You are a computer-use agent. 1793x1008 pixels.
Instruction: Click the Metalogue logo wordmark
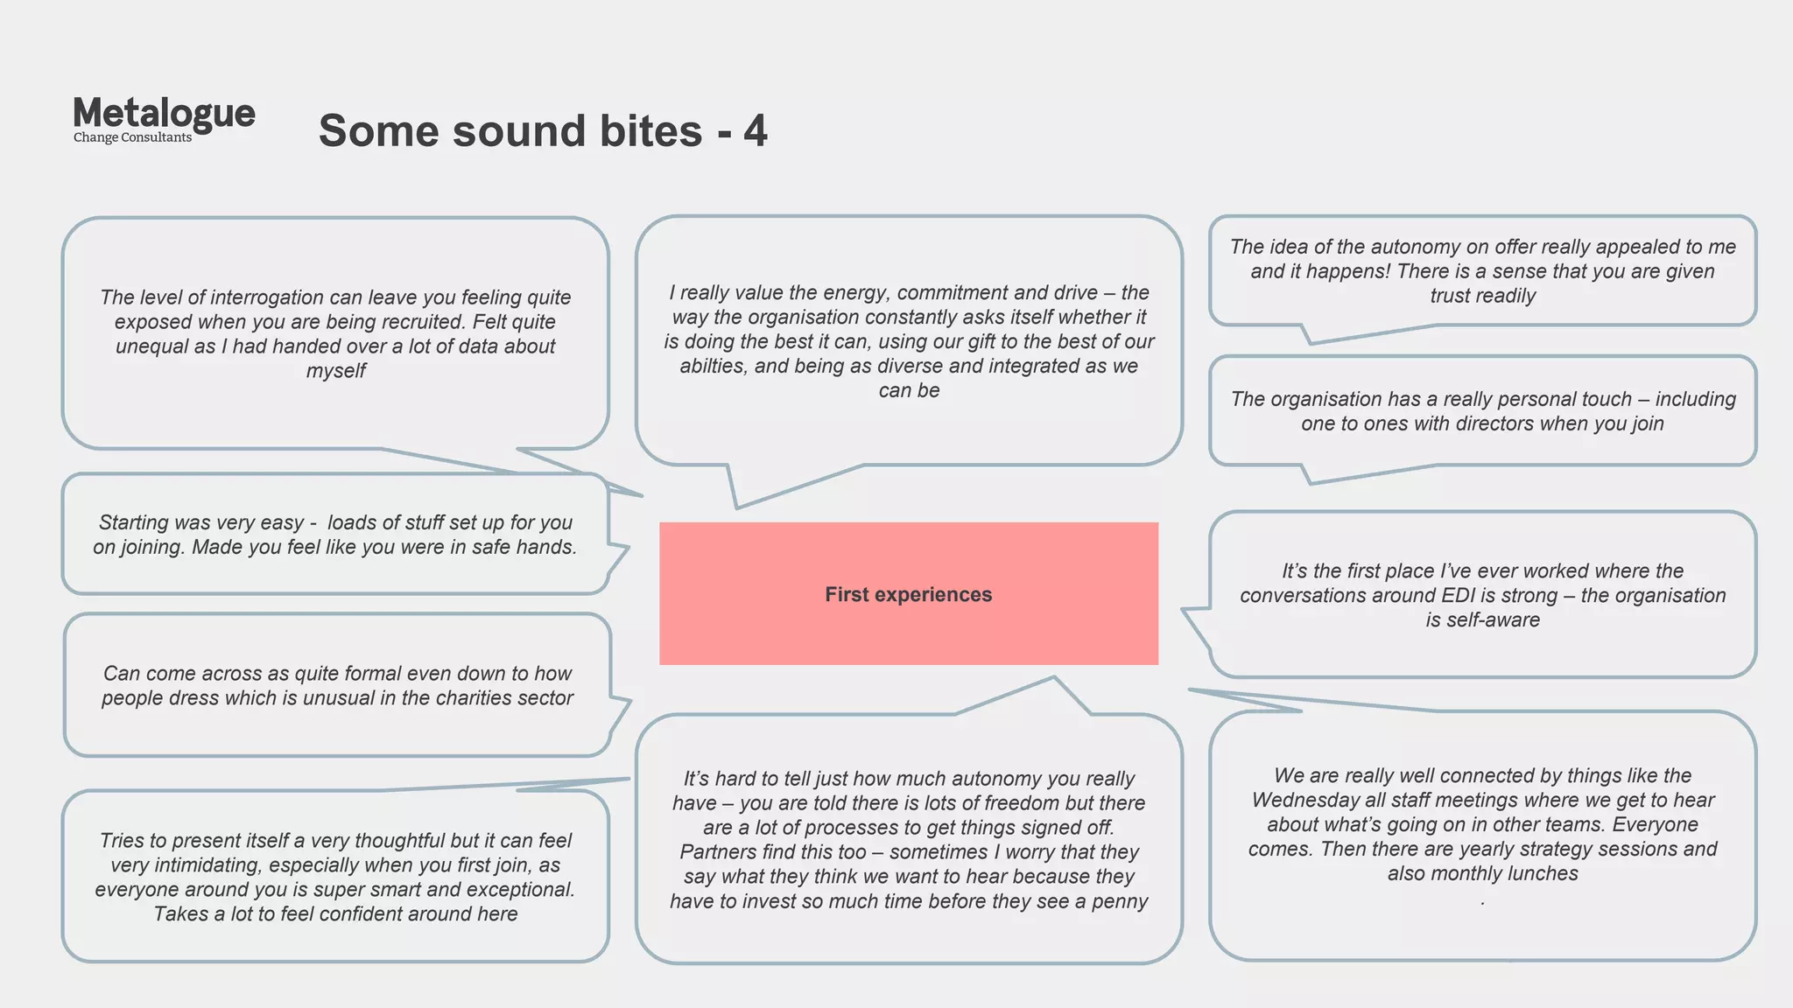(164, 114)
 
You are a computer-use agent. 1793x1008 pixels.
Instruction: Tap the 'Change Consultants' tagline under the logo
(132, 137)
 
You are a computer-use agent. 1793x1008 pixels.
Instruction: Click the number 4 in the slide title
(755, 131)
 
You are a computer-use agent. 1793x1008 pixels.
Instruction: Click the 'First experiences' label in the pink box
(908, 595)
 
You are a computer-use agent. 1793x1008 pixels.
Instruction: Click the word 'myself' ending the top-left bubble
(335, 371)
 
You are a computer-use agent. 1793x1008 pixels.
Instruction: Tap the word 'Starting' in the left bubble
(133, 522)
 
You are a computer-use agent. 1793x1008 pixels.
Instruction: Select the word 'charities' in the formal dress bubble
(472, 698)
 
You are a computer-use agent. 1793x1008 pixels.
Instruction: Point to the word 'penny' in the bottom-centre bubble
(1120, 901)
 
